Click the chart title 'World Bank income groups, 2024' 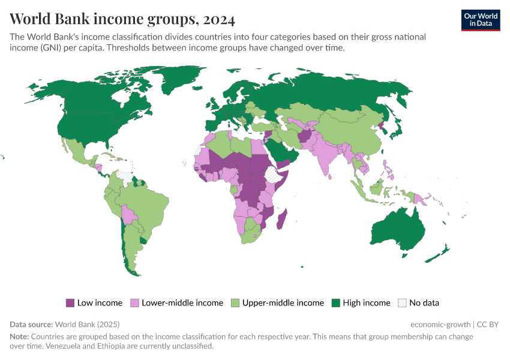(x=122, y=20)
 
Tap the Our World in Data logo (x=481, y=20)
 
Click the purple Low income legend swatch (x=70, y=303)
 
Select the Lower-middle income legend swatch (x=135, y=303)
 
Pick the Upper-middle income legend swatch (x=235, y=303)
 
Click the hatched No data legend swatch (x=402, y=303)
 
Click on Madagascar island (x=281, y=220)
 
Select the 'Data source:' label (x=31, y=324)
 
